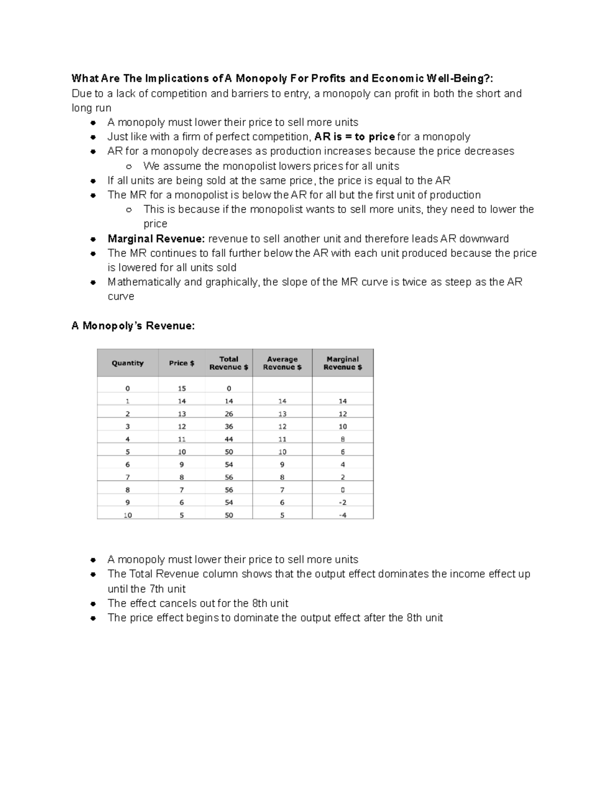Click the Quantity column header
coord(127,363)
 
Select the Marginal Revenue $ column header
coord(343,363)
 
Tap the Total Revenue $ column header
coord(229,363)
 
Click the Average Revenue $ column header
coord(282,363)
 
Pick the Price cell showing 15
coord(182,389)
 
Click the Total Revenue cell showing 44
coord(229,439)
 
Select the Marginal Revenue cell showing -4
coord(343,515)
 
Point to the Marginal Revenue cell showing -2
coord(343,502)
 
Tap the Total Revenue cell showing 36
coord(229,426)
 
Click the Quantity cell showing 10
coord(127,515)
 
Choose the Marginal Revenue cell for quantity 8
coord(343,490)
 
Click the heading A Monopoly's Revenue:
coord(133,326)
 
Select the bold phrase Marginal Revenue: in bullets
coord(156,239)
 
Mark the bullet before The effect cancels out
coord(93,604)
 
